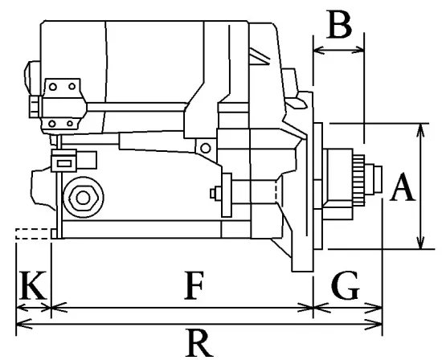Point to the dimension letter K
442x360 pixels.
pos(32,286)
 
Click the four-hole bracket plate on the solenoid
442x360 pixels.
pos(63,104)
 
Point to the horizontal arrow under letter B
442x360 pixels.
pos(338,50)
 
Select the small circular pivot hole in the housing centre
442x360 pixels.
pos(207,147)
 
